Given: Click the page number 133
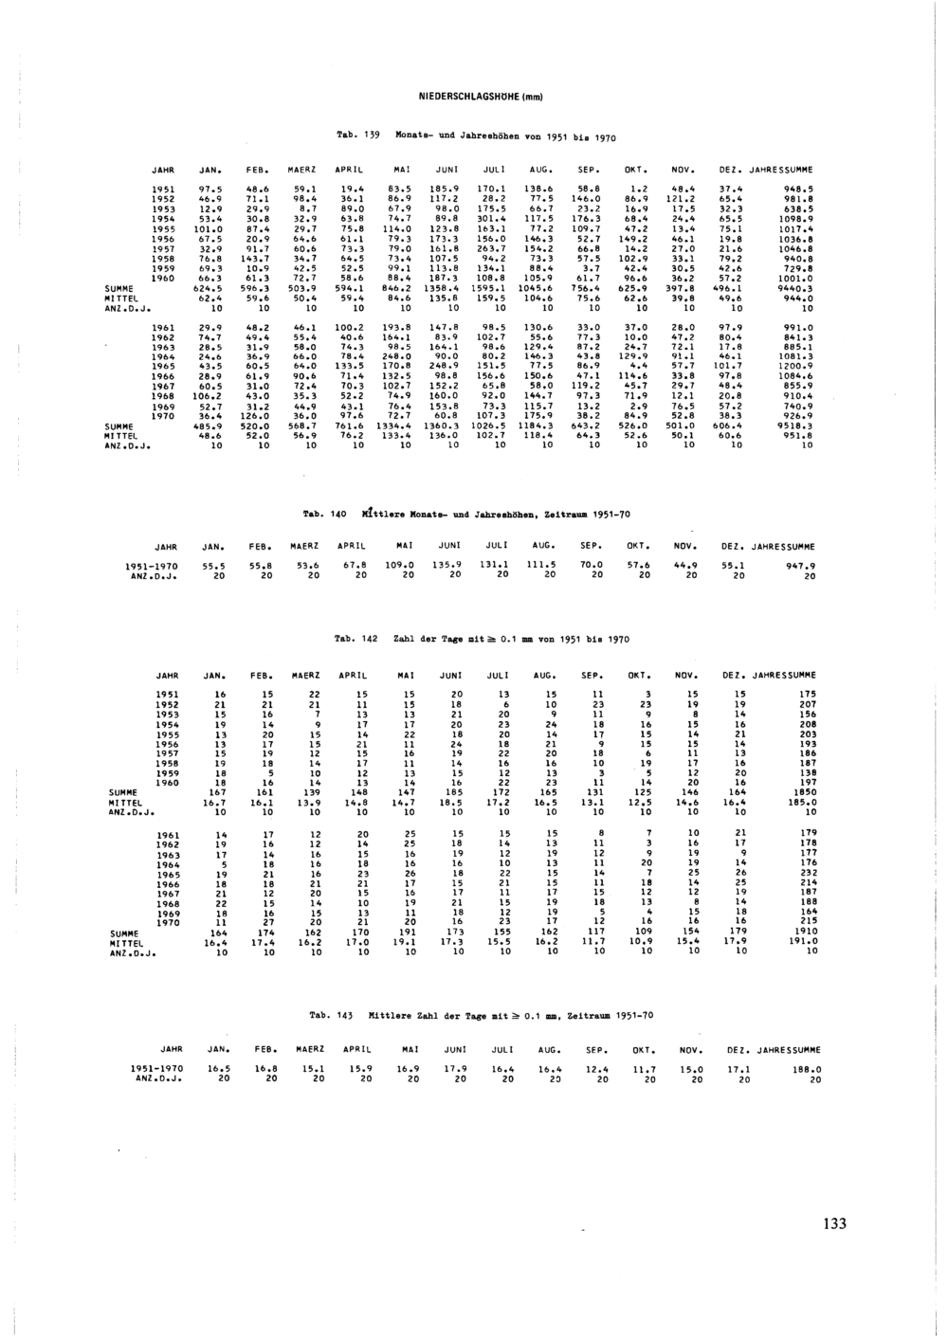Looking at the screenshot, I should pos(834,1223).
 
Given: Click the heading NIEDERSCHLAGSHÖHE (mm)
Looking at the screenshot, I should pos(479,96).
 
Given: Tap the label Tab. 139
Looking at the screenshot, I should pos(358,136).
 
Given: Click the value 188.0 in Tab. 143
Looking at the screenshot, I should pos(806,1069).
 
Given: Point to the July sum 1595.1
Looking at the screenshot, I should pos(491,289).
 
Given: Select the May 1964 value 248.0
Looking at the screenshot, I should pos(396,355).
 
